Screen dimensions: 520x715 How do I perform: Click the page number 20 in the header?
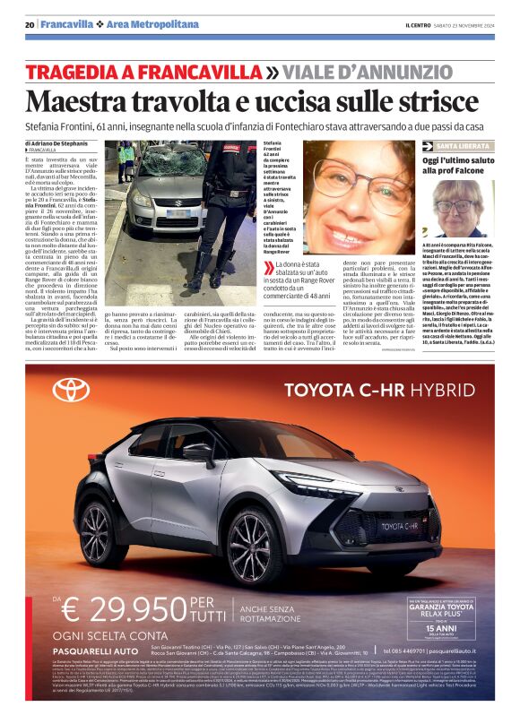click(30, 23)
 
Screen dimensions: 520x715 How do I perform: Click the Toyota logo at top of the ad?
click(71, 389)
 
